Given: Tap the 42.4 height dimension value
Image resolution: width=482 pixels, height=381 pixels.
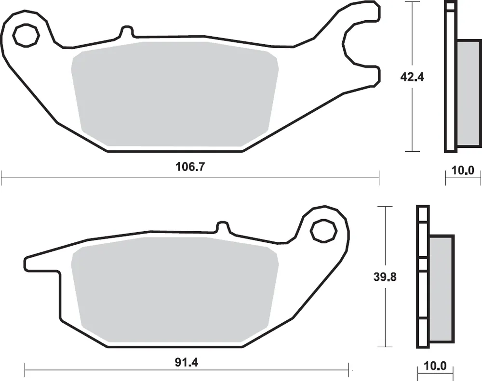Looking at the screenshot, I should [412, 77].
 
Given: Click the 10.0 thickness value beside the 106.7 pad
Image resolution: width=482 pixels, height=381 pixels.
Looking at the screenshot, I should [463, 170].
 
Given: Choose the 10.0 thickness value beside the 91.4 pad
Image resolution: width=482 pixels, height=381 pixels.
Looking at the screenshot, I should [435, 366].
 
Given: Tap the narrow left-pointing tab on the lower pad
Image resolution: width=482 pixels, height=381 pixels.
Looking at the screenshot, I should [41, 263].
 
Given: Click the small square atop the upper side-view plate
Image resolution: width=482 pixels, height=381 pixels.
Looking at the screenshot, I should [451, 6].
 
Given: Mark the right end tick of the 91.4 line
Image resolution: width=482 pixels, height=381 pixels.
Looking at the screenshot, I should [348, 370].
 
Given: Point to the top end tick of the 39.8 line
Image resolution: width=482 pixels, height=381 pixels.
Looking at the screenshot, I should [384, 206].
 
